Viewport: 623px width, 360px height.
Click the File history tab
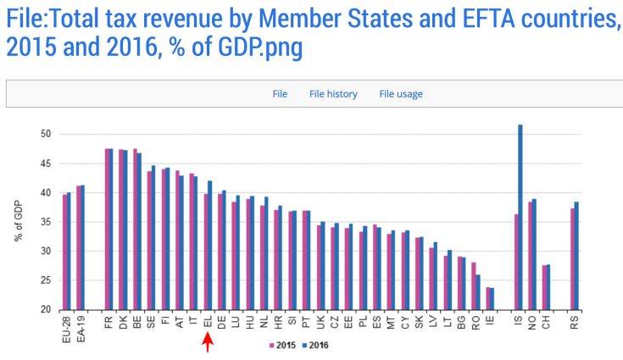333,94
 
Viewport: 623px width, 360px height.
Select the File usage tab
401,94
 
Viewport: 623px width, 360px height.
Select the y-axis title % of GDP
19,222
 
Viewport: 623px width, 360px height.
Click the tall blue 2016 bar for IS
520,217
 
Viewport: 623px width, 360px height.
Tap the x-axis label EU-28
67,325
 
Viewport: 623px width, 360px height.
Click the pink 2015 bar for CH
544,288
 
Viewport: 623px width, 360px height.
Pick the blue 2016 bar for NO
534,254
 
